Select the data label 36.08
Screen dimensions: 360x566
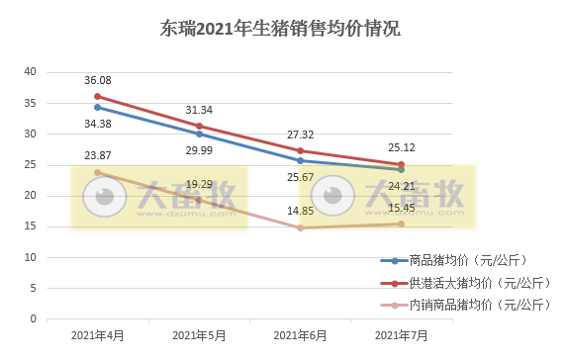coord(97,80)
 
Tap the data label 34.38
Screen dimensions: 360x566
coord(97,124)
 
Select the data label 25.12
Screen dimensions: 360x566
coord(402,148)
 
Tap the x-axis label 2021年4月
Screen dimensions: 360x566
coord(97,336)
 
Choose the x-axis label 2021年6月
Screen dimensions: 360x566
coord(300,336)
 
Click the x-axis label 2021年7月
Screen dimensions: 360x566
coord(402,336)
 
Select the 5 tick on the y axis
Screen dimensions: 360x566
coord(33,289)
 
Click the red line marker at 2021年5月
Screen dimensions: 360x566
coord(199,126)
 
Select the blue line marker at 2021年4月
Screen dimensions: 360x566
coord(97,107)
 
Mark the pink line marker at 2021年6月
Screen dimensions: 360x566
coord(300,228)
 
